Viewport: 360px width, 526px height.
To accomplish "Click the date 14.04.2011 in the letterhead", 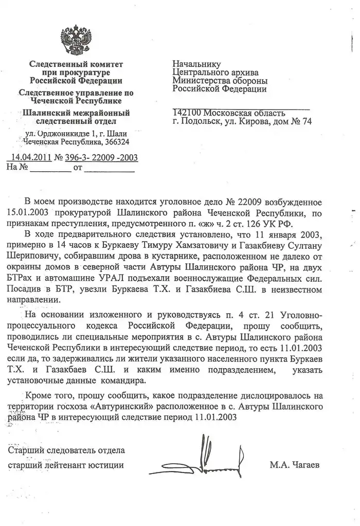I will point(29,157).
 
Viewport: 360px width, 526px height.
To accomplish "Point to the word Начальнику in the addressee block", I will point(197,64).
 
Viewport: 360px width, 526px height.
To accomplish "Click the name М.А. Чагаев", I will point(294,465).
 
